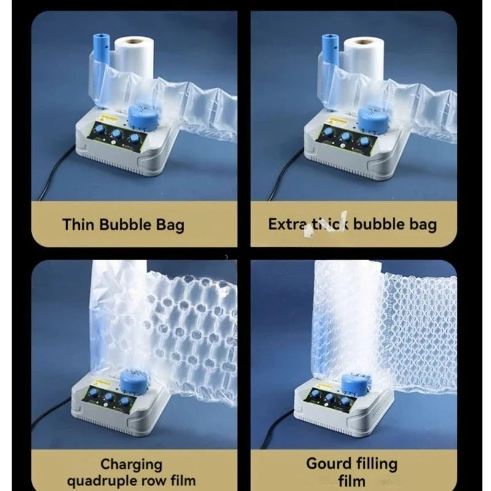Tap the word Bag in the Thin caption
coord(169,225)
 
